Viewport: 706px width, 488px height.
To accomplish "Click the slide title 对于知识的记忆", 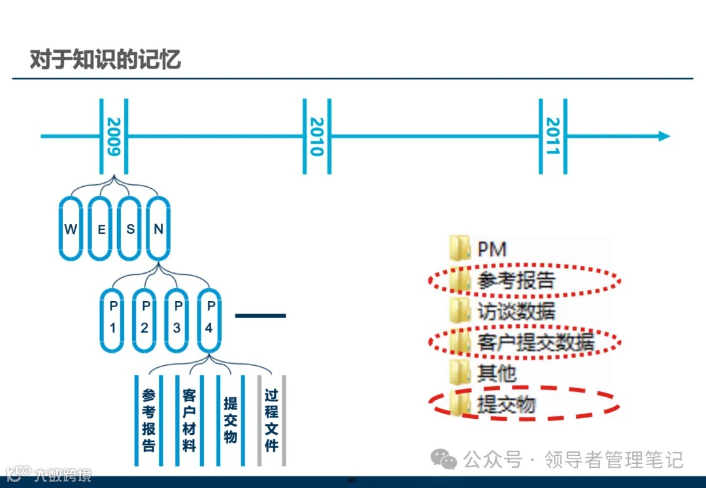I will (x=105, y=59).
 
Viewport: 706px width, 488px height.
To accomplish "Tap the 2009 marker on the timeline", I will (x=114, y=136).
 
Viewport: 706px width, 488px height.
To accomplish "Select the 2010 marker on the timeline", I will (x=317, y=136).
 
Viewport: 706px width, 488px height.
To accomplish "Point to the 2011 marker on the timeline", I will (x=553, y=136).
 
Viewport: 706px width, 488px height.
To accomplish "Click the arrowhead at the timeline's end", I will (x=664, y=136).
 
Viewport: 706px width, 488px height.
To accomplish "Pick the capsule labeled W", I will (x=71, y=229).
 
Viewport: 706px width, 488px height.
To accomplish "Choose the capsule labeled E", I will (x=101, y=229).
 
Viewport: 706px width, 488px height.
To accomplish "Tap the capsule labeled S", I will (x=130, y=229).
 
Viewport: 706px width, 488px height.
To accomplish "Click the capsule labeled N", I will (x=159, y=229).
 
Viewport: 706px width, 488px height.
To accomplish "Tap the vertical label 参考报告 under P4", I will (x=148, y=420).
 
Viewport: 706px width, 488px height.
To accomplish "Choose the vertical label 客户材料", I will (x=190, y=420).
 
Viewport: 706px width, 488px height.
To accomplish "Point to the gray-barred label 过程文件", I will (x=272, y=420).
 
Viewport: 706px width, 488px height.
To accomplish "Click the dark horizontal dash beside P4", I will (x=260, y=316).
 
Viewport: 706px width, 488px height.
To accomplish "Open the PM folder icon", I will (x=460, y=248).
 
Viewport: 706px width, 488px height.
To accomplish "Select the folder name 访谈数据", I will (x=516, y=311).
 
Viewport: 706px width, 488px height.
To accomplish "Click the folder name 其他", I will (x=497, y=374).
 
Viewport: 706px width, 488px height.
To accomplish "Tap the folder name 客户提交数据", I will (x=535, y=342).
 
